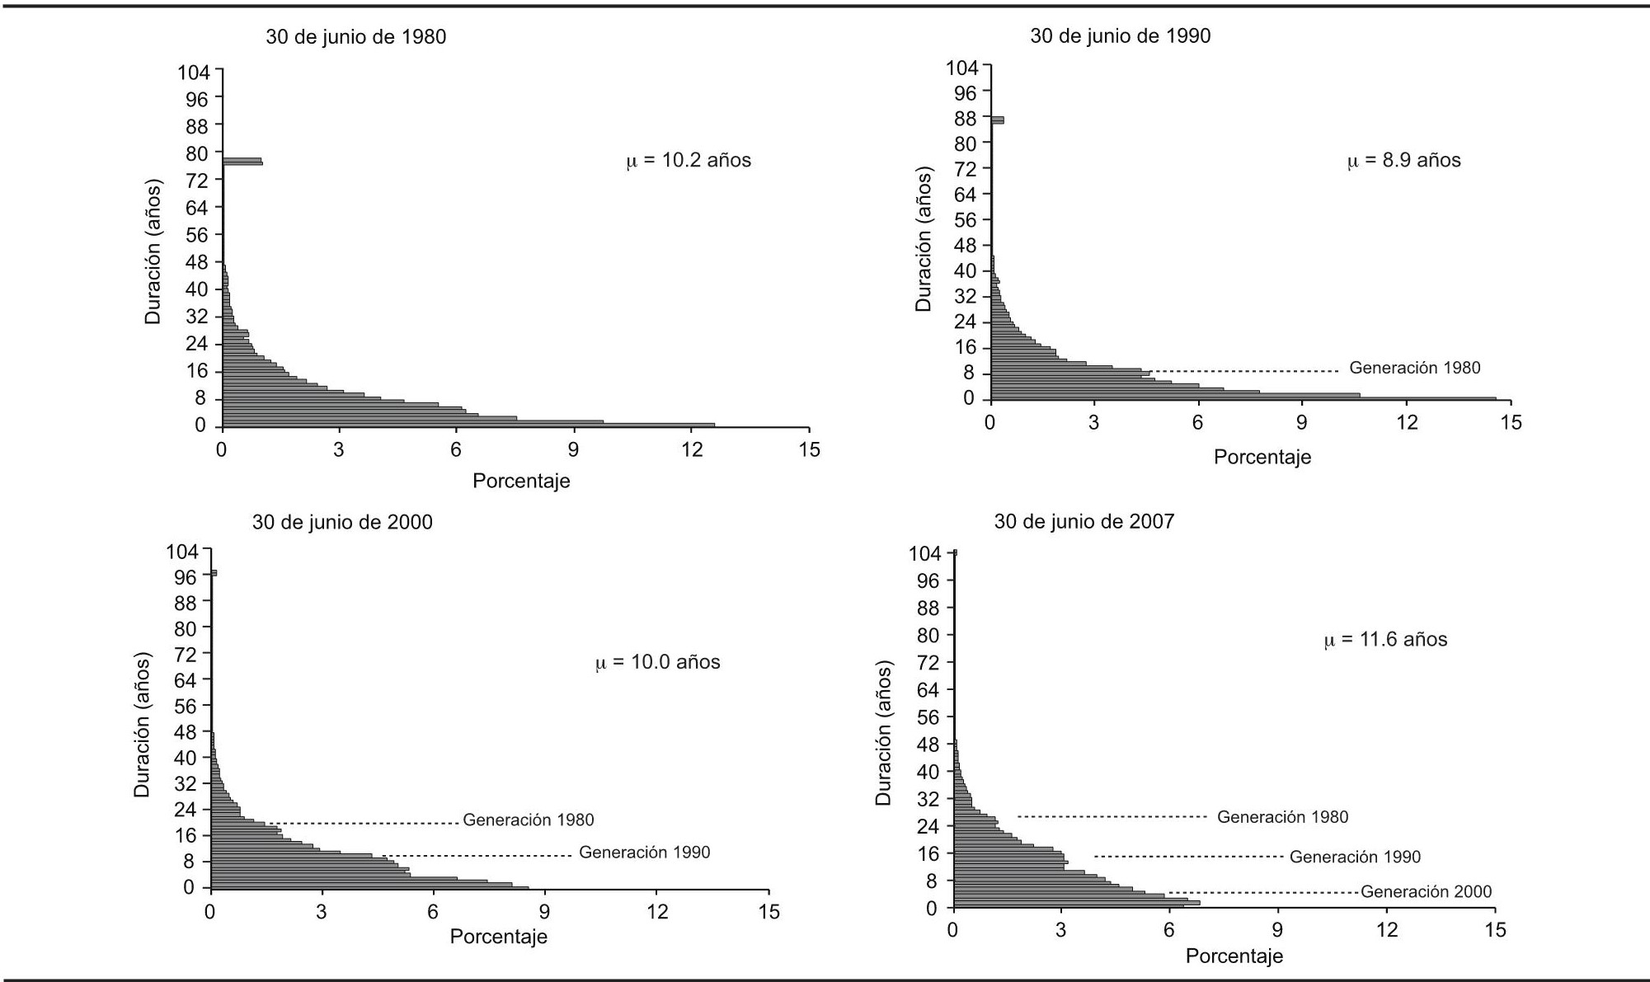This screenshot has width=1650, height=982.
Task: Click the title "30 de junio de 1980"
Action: (355, 37)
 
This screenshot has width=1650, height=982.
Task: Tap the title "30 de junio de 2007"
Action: (1084, 522)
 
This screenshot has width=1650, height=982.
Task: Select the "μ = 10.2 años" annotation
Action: (689, 160)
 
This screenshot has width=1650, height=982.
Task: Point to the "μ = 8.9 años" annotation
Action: (1403, 160)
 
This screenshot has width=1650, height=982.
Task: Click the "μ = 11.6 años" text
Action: (1385, 640)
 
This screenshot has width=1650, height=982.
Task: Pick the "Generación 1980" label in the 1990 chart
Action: (1414, 368)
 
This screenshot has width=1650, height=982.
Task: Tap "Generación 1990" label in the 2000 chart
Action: (644, 853)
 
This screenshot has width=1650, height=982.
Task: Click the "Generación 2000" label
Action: (1426, 891)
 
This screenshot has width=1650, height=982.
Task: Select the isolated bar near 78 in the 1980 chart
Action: (242, 162)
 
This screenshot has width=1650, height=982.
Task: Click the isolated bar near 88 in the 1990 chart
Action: (998, 120)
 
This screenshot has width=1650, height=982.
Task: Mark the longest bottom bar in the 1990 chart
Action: (1243, 399)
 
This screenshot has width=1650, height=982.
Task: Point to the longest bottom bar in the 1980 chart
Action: (468, 425)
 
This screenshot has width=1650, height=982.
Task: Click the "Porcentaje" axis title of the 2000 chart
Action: (498, 937)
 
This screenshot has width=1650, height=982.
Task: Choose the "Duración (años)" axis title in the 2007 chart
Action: (883, 733)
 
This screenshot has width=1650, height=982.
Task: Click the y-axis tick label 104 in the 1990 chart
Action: (961, 68)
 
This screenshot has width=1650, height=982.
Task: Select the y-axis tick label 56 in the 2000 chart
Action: (186, 706)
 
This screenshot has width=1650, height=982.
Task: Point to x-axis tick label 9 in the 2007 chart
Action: (1277, 930)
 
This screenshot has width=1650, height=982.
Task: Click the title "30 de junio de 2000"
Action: (342, 523)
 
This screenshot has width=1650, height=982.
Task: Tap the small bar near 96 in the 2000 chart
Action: (214, 573)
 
